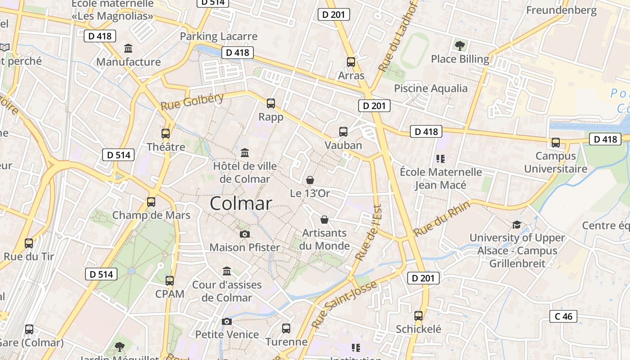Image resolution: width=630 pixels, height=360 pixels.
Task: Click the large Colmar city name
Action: point(241,203)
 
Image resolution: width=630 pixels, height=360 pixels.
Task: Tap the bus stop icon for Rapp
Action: point(271,103)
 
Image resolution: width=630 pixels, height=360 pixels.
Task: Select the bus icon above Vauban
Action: point(343,132)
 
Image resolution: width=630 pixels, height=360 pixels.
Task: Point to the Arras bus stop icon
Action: point(351,62)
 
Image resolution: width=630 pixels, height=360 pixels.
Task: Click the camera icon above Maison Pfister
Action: point(245,234)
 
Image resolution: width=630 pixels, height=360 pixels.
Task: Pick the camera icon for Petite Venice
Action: point(227,321)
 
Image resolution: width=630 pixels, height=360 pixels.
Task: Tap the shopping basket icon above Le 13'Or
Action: point(310,180)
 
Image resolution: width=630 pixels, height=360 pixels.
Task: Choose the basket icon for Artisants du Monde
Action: point(324,220)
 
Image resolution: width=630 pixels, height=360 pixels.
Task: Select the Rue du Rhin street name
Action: point(441,219)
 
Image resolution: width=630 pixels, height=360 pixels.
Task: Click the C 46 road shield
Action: point(563,316)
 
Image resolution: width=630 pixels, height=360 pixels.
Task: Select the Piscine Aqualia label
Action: point(431,88)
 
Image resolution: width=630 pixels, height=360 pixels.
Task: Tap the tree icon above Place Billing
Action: point(460,45)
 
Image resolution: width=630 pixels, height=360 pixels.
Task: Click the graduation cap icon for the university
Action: point(517,225)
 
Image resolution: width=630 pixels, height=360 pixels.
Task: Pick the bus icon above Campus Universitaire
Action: point(556,143)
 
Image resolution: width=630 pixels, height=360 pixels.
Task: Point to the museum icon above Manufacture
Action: point(128,48)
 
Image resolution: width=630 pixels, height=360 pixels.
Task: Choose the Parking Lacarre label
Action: point(219,36)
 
